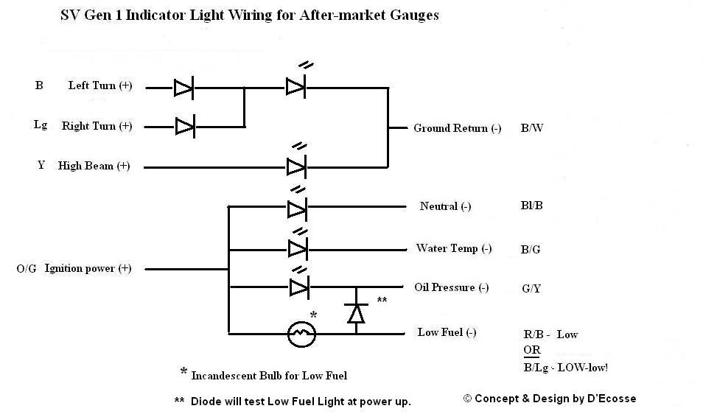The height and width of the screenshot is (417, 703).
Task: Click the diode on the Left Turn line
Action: coord(183,88)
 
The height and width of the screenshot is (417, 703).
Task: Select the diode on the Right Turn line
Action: coord(184,127)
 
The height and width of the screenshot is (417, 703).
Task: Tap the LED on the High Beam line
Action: coord(296,167)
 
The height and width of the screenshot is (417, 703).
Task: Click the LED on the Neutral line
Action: coord(297,208)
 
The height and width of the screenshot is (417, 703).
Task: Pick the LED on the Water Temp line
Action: coord(297,247)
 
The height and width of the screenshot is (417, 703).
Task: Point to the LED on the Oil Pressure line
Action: coord(297,287)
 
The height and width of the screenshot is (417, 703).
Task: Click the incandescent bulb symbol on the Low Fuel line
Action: coord(301,334)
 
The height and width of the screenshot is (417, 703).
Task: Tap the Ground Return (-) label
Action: coord(457,128)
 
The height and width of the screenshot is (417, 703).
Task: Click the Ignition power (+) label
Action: coord(88,269)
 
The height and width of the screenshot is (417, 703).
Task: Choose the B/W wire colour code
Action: coord(532,128)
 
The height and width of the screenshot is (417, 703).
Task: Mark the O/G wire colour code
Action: coord(26,269)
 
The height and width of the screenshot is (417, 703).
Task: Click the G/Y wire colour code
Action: coord(531,289)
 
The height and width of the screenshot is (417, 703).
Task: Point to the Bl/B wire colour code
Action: coord(531,206)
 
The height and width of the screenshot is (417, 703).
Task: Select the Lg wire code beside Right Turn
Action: coord(41,125)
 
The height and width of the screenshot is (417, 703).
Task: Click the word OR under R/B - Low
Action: coord(531,350)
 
